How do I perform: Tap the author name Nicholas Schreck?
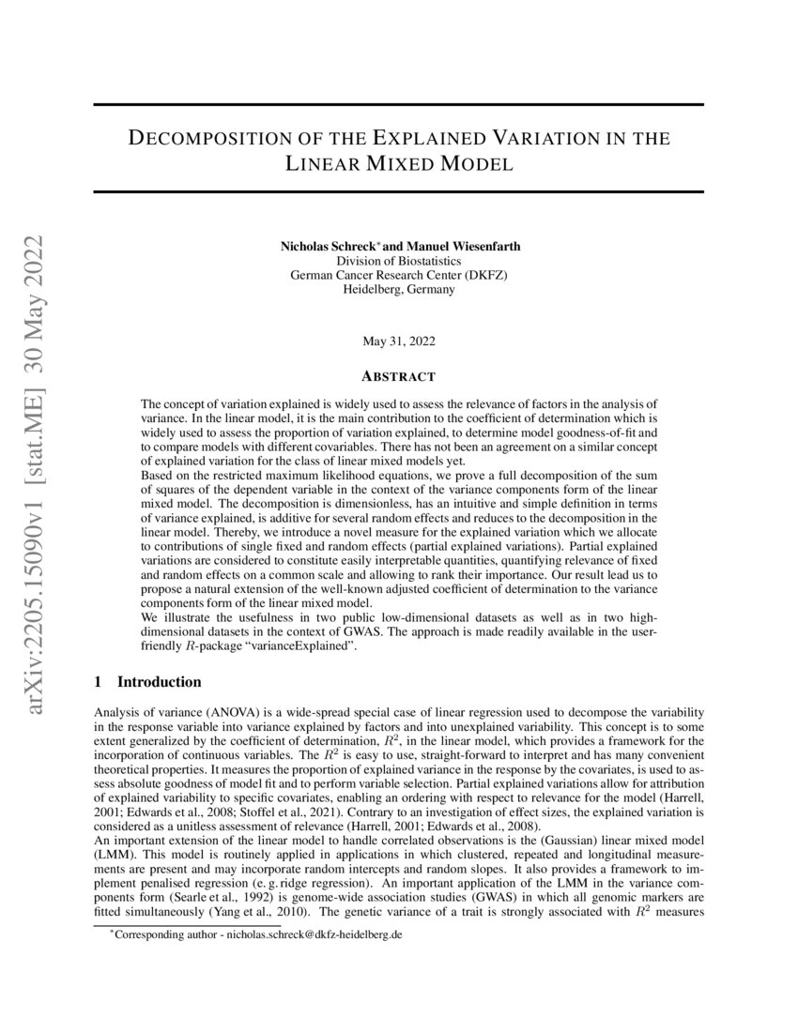point(324,246)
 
